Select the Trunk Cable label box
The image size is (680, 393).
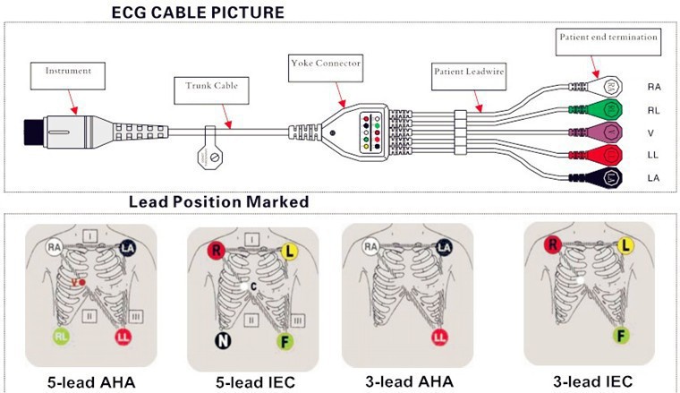click(205, 88)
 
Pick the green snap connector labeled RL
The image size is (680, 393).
click(610, 110)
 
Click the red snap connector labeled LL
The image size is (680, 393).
click(611, 155)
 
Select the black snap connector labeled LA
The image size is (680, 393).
click(611, 177)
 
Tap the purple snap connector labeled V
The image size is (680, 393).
click(610, 132)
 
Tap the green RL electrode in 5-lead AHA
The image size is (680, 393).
click(59, 337)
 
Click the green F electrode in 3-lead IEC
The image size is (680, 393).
click(619, 337)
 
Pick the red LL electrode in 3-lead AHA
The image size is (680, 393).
click(439, 337)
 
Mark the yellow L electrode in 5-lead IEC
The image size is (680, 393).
click(289, 252)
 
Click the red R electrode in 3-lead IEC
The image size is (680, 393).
click(552, 243)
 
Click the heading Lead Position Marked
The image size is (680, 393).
click(218, 202)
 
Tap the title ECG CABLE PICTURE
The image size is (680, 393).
click(198, 12)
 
